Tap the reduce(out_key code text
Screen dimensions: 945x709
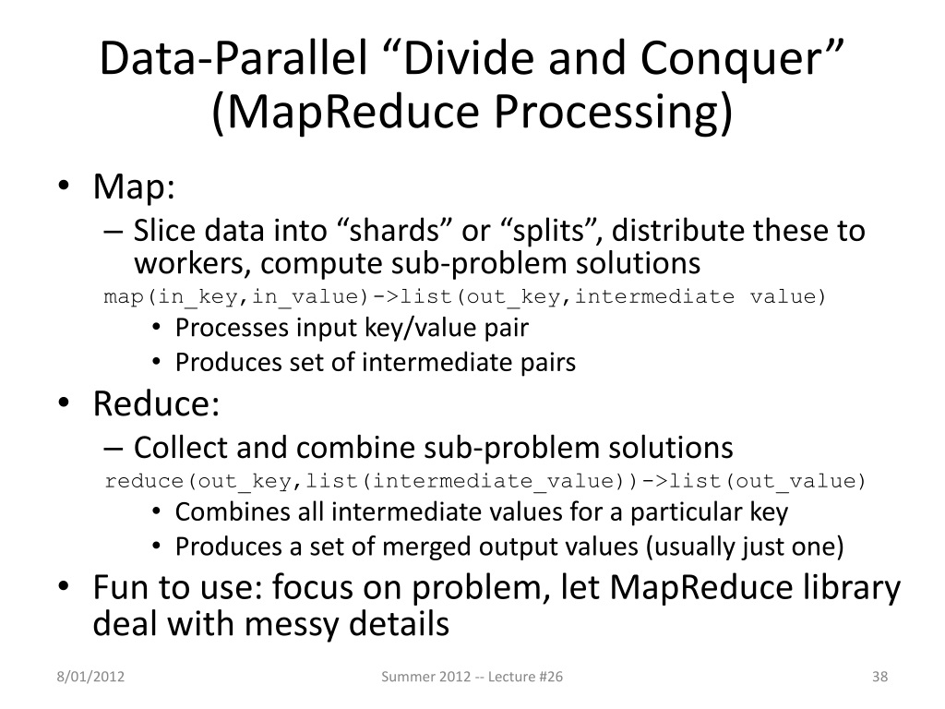[202, 481]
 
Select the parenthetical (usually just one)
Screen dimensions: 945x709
[745, 547]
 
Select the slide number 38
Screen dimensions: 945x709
[879, 679]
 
